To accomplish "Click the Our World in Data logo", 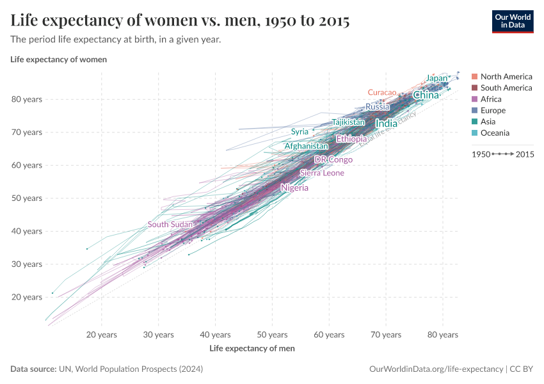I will click(512, 20).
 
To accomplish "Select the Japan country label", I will click(436, 79).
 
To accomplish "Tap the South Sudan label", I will click(170, 225).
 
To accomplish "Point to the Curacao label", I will click(382, 93).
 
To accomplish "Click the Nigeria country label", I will click(294, 188).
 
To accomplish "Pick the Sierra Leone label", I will click(322, 173).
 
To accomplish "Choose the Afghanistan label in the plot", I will click(306, 147).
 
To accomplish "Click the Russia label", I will click(378, 107).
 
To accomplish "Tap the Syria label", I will click(300, 132).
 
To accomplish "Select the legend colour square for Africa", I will click(474, 99).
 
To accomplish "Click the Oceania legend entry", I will click(495, 133).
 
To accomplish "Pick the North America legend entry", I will click(506, 77).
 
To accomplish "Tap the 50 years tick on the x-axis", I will click(272, 335).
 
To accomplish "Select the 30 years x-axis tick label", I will click(158, 335).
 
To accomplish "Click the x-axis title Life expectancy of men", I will click(252, 349).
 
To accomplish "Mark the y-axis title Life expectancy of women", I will click(58, 60).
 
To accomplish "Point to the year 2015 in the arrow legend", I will click(525, 154).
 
